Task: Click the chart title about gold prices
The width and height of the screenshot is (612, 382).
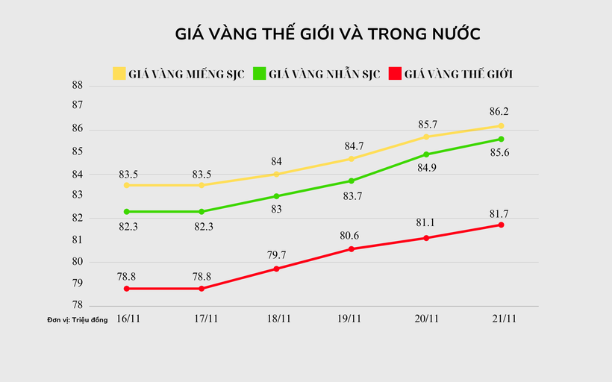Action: [x=326, y=34]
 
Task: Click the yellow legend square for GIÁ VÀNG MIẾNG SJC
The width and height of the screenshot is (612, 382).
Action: [x=119, y=73]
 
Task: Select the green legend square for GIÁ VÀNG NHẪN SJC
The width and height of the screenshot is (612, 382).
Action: [x=260, y=73]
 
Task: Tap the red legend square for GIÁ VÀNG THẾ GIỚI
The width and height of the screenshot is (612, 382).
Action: [x=396, y=73]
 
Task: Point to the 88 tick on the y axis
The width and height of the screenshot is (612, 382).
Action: [x=77, y=86]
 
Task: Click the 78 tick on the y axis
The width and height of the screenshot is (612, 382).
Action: [x=77, y=306]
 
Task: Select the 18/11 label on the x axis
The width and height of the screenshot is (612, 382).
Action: [x=278, y=319]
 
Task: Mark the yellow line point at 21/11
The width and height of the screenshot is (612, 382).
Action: [x=501, y=125]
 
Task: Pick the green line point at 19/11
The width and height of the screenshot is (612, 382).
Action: [x=351, y=181]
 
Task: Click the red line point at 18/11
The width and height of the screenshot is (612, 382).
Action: [x=276, y=269]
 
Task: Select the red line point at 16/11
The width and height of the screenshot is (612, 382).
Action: [x=127, y=288]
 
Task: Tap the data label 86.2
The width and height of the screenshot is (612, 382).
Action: [x=500, y=111]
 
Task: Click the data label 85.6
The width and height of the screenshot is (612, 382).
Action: [x=501, y=153]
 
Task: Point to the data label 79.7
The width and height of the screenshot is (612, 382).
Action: [x=277, y=254]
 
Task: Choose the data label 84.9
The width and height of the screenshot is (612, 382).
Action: [x=425, y=169]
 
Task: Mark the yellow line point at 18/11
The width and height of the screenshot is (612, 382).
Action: [x=276, y=174]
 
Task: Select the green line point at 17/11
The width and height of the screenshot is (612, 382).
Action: [x=202, y=211]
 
